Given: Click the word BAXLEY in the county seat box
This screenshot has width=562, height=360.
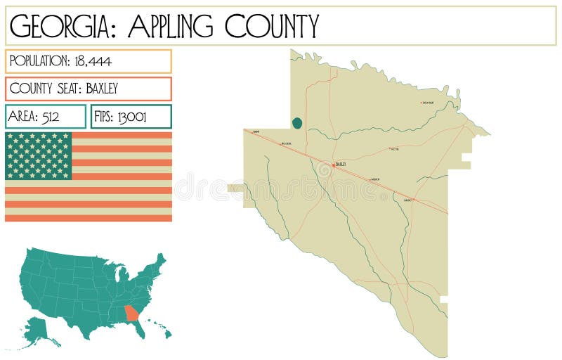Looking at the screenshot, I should [99, 89].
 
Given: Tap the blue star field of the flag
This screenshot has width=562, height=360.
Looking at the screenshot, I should [39, 155].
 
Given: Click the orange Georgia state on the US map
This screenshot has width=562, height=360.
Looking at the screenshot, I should [131, 313].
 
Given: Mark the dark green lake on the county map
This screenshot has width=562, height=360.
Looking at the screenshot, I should [297, 124].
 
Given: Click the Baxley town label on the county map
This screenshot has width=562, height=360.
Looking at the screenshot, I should [341, 164].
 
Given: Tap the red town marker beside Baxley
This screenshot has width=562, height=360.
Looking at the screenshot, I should [333, 165].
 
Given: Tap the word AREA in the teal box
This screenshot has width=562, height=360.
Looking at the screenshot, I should [22, 117].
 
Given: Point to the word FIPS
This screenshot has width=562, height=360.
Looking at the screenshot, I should [105, 117].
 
